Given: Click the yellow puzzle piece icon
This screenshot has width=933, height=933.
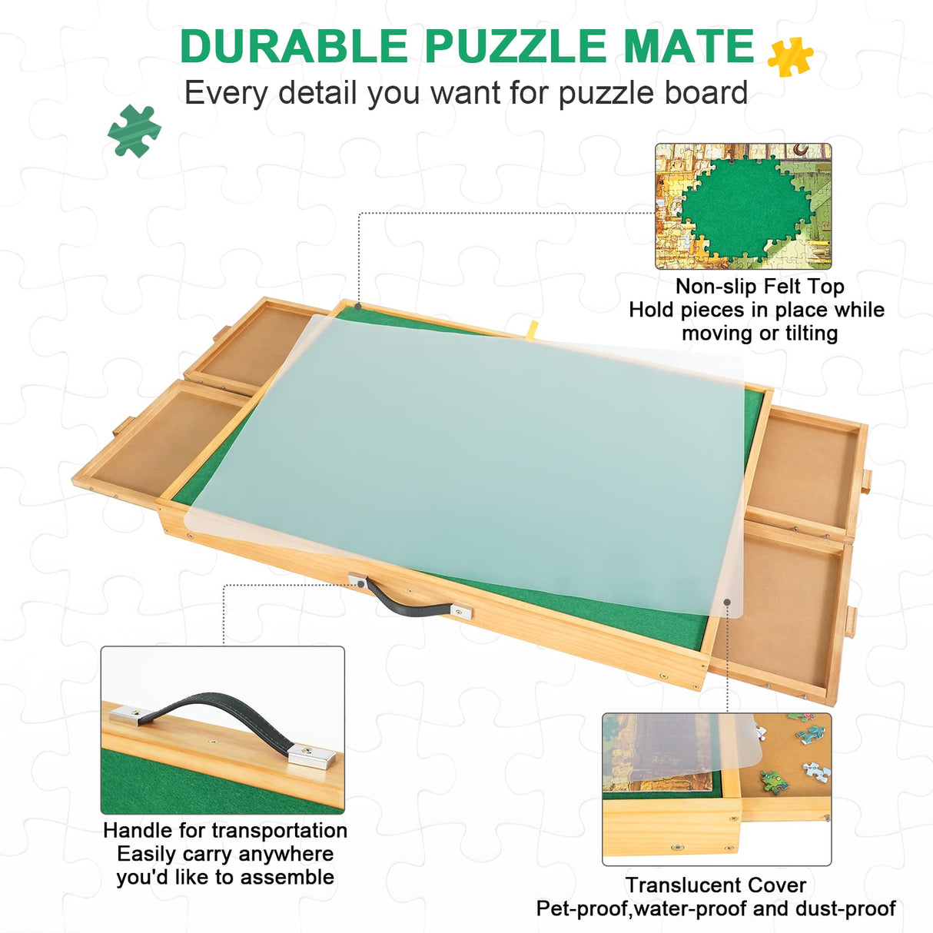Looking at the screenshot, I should tap(790, 56).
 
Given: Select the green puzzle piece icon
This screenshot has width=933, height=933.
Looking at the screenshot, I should tap(134, 131).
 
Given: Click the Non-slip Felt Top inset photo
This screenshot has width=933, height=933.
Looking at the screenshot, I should tap(743, 206).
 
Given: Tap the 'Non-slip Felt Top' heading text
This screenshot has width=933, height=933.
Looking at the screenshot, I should tap(759, 287).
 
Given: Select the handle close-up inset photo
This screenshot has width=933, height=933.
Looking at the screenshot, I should tap(222, 729).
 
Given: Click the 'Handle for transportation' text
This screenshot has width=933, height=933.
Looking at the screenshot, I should tap(224, 831).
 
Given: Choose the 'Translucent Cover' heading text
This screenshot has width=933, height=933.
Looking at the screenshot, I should tap(716, 885).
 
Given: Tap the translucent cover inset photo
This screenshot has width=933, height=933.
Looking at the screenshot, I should tap(716, 789).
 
